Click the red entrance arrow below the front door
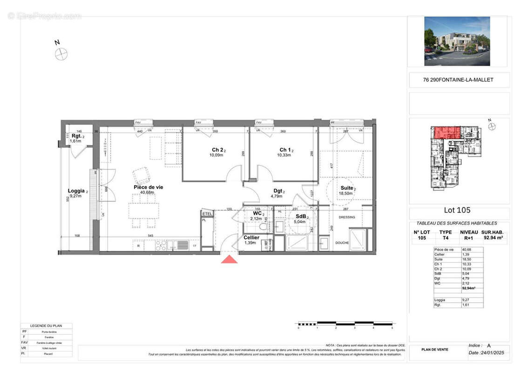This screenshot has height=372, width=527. pos(229,259)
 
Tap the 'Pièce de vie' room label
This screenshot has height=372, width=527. pos(148,187)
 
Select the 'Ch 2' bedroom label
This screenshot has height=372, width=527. pos(217,150)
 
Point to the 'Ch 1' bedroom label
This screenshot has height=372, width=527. pos(285,150)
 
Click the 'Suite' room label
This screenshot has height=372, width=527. pos(347,188)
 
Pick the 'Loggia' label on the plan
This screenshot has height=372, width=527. pos(76,191)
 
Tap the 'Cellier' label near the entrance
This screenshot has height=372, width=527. pos(251,238)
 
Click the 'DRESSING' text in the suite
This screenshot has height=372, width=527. pos(347,217)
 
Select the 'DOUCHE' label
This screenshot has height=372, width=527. pos(342,243)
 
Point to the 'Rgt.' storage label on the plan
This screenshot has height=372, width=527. pos(76,136)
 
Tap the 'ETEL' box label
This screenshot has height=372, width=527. pos(207,214)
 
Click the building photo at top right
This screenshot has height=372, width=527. pos(457,41)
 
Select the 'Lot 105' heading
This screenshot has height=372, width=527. pos(457,209)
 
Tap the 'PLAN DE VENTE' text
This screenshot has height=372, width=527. pos(434,350)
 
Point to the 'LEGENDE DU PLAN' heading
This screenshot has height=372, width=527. pos(46,325)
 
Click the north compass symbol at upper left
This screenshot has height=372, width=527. pos(61,54)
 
